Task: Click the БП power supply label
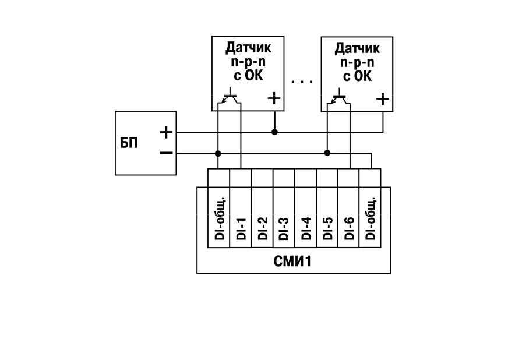click(x=129, y=143)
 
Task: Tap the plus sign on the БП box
click(x=167, y=132)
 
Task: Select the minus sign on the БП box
click(x=167, y=153)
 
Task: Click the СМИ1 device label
click(x=292, y=261)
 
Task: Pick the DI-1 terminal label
click(x=241, y=228)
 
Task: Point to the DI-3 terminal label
click(x=284, y=228)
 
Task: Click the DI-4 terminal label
click(x=305, y=228)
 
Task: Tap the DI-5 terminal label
click(x=327, y=228)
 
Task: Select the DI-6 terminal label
click(x=349, y=228)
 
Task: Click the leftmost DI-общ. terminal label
click(x=219, y=218)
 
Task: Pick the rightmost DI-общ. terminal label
click(x=371, y=218)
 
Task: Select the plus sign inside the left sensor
click(x=274, y=98)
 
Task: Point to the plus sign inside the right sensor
click(x=383, y=98)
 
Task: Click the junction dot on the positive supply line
click(x=274, y=132)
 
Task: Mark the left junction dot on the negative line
click(x=218, y=153)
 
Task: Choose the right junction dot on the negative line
click(x=327, y=153)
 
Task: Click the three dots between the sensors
click(x=302, y=82)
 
